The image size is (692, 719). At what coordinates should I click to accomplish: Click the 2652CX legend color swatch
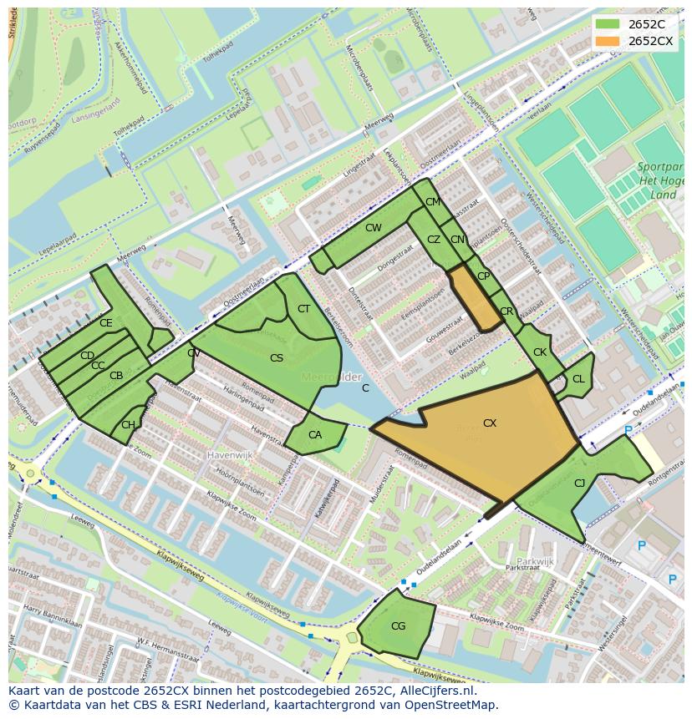point(608,41)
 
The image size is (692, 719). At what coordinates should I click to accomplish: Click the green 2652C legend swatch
point(608,23)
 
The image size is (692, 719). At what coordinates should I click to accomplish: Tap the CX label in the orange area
point(490,423)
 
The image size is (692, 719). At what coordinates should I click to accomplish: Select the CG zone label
point(398,626)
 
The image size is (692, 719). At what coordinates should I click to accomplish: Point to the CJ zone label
point(579,483)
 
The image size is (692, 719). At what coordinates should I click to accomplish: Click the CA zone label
point(315,435)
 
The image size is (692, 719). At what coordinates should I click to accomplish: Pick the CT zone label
point(303,309)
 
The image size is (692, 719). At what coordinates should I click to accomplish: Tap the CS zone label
point(277,358)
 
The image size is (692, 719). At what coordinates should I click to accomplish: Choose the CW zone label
point(373,228)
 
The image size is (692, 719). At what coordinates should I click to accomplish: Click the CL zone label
point(578,379)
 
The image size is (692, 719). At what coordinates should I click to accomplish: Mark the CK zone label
point(540,352)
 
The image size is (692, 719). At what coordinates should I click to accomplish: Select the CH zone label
point(128,425)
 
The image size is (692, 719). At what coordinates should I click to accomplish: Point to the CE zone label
point(105,323)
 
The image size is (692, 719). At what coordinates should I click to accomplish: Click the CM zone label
point(432,202)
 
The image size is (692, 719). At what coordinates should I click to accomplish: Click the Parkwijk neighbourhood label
point(535,561)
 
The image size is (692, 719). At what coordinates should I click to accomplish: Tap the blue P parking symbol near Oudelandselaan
point(628,431)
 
